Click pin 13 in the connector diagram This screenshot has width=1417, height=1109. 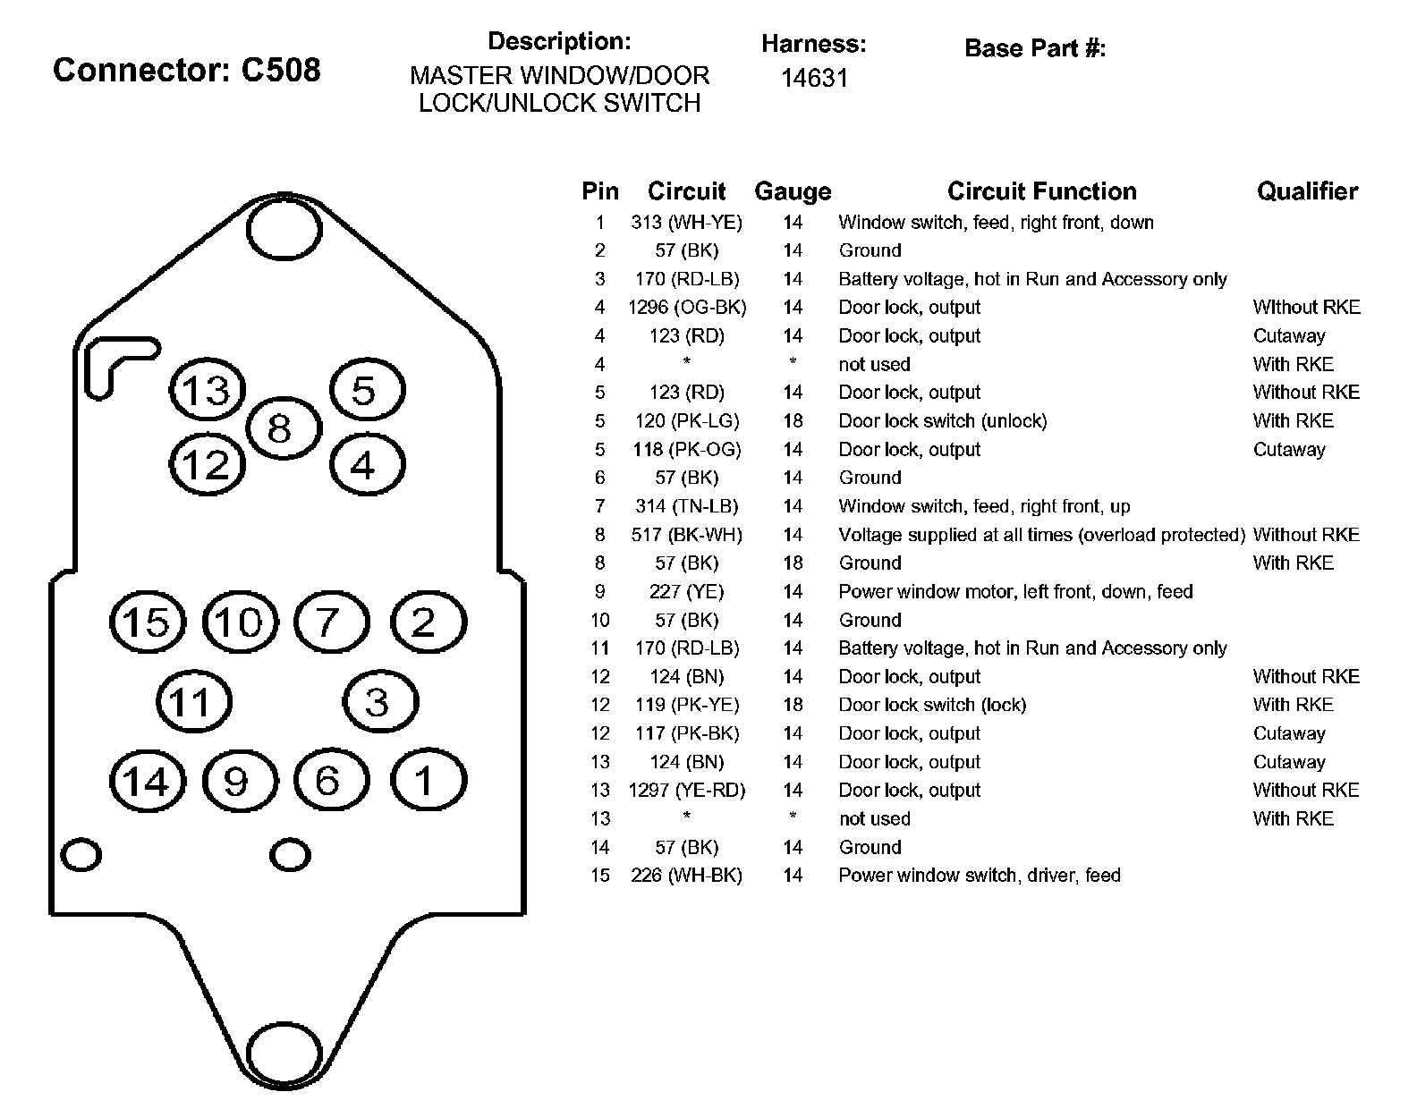[207, 389]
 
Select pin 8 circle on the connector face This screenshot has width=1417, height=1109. [281, 428]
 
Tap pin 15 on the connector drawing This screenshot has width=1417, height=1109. [147, 622]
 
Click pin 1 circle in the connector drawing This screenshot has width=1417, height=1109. [427, 781]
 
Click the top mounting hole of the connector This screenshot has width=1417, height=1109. [283, 230]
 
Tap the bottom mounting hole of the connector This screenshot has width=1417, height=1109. [283, 1054]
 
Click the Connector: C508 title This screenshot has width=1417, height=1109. [186, 70]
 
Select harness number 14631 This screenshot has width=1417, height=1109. [813, 78]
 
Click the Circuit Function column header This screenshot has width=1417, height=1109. [1041, 191]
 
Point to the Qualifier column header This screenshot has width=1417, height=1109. [1307, 191]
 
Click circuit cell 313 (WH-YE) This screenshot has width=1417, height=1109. [686, 223]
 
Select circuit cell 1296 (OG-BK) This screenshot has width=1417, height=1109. [686, 308]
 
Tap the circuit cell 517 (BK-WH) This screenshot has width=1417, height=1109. [686, 535]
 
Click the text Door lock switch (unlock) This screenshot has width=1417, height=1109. [942, 421]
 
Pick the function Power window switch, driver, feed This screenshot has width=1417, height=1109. [979, 876]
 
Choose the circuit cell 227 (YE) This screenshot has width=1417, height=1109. [686, 592]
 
